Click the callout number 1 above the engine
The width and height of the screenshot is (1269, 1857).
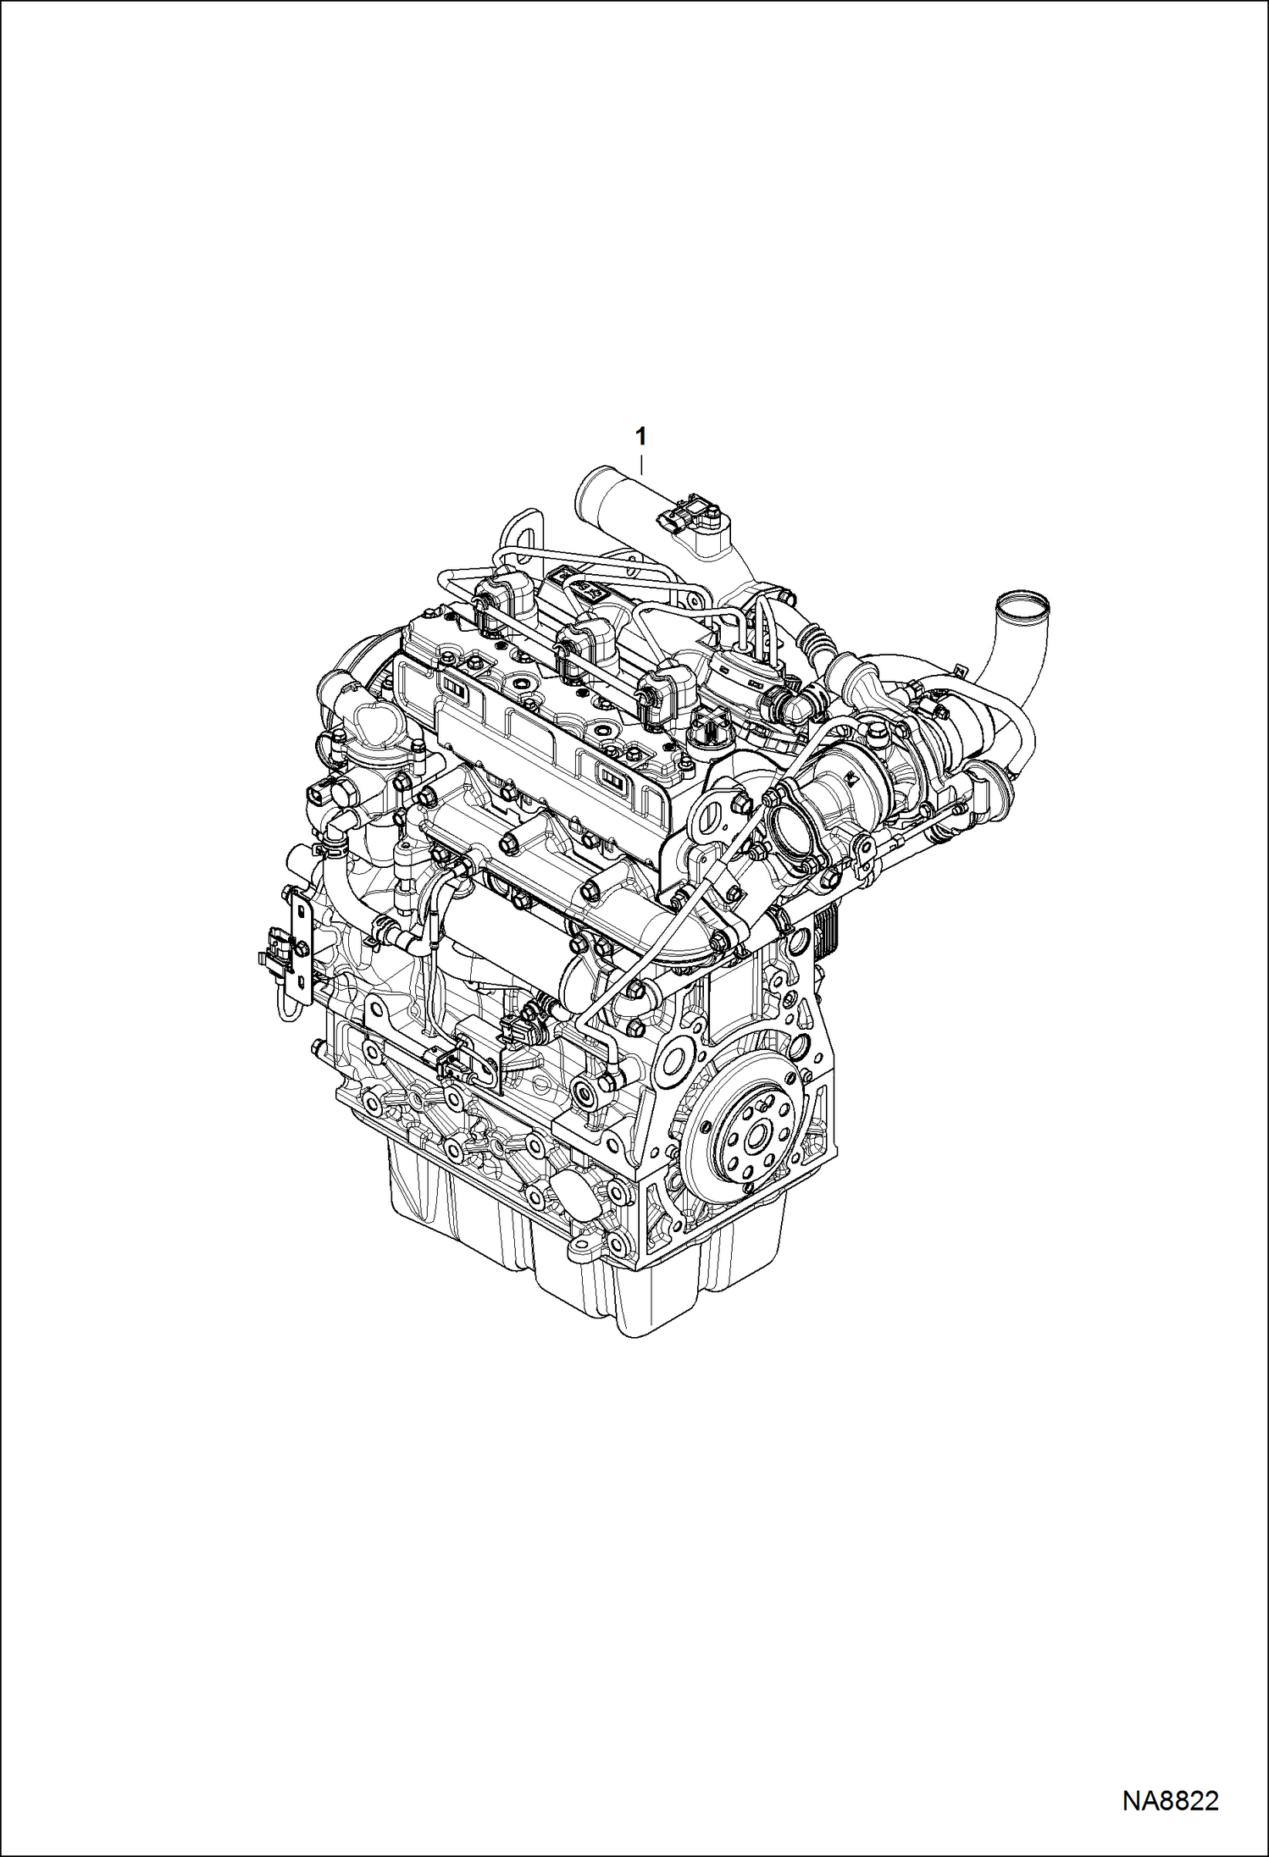coord(641,436)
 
